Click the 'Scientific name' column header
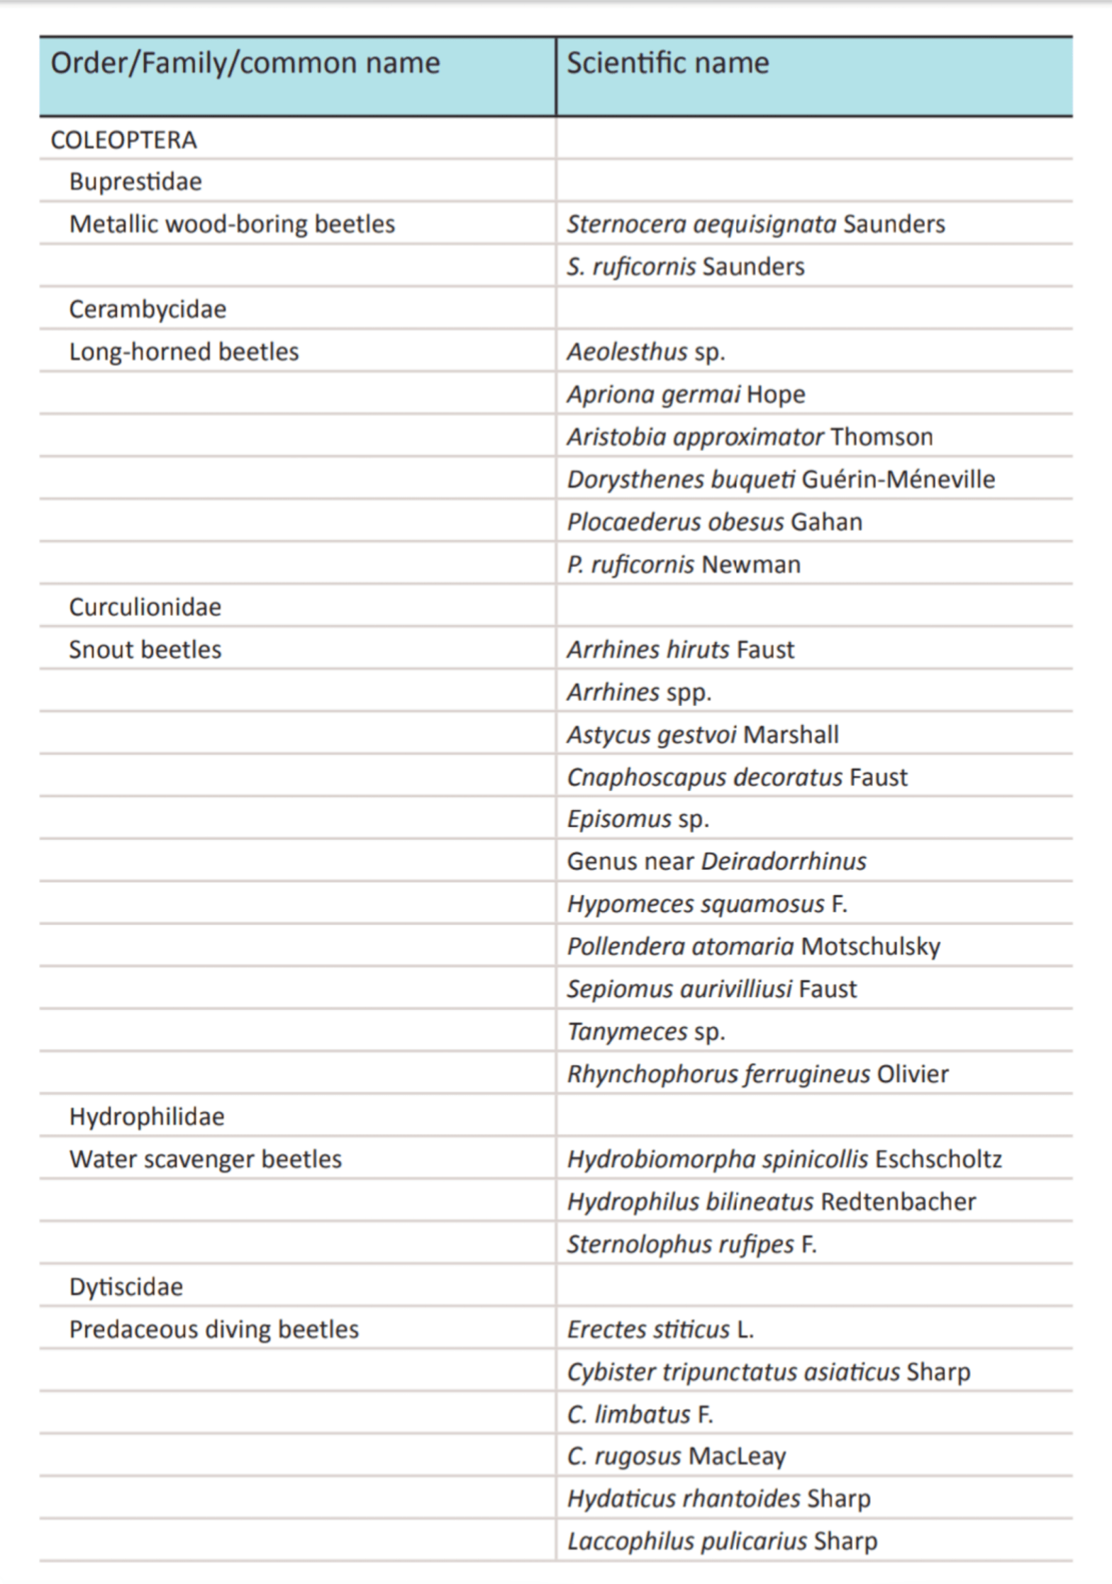[x=667, y=63]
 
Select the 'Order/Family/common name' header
[x=245, y=63]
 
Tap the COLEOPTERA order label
[x=124, y=140]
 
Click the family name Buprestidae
[x=135, y=182]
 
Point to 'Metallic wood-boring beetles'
[x=232, y=225]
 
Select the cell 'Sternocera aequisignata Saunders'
[x=755, y=225]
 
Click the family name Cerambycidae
[x=148, y=310]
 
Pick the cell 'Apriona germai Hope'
[x=686, y=395]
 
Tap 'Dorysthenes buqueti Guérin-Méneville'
[x=780, y=480]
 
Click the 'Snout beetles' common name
[x=145, y=650]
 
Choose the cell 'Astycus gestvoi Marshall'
[x=702, y=735]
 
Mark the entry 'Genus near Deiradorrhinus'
[x=716, y=862]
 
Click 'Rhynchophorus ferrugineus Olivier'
[x=757, y=1074]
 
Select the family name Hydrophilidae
[x=147, y=1117]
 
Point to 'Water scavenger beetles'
[x=206, y=1159]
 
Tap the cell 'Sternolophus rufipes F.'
[x=691, y=1245]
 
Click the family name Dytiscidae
[x=126, y=1287]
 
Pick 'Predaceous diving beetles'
[x=214, y=1330]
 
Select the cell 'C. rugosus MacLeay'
[x=676, y=1456]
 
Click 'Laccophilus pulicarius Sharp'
[x=722, y=1541]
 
